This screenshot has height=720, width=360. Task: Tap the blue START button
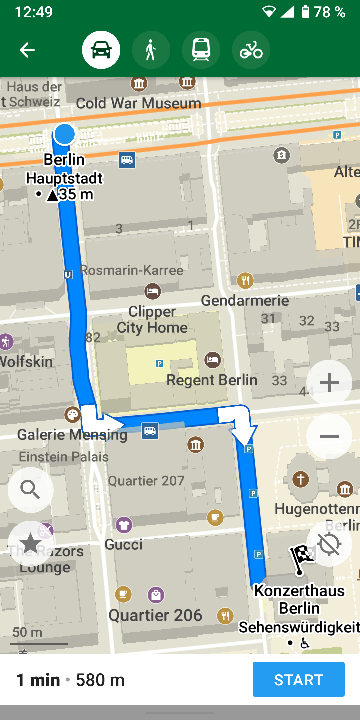point(298,679)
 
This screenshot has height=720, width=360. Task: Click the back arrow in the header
point(27,50)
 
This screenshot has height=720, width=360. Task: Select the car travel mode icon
point(101,50)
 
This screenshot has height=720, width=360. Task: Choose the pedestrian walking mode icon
point(151,50)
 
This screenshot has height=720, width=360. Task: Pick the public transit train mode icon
point(201,50)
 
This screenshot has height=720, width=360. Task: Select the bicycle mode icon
point(251,50)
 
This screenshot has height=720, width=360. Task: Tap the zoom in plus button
point(329,383)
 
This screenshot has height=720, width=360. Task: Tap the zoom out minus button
point(329,436)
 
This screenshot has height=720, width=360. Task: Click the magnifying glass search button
point(30,490)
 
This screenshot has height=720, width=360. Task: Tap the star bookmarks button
point(30,543)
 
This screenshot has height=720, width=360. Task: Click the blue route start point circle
point(64,134)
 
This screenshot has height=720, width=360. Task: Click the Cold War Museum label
point(138,103)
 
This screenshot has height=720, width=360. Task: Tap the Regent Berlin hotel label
point(212,380)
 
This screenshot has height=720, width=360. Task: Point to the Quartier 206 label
point(155,615)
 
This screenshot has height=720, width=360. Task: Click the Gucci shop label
point(123,544)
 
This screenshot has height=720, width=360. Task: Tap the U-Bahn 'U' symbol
point(68,275)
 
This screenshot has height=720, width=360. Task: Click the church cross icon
point(300,479)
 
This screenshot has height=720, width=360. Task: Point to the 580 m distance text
point(100,680)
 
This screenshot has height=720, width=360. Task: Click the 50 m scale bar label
point(27,632)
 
